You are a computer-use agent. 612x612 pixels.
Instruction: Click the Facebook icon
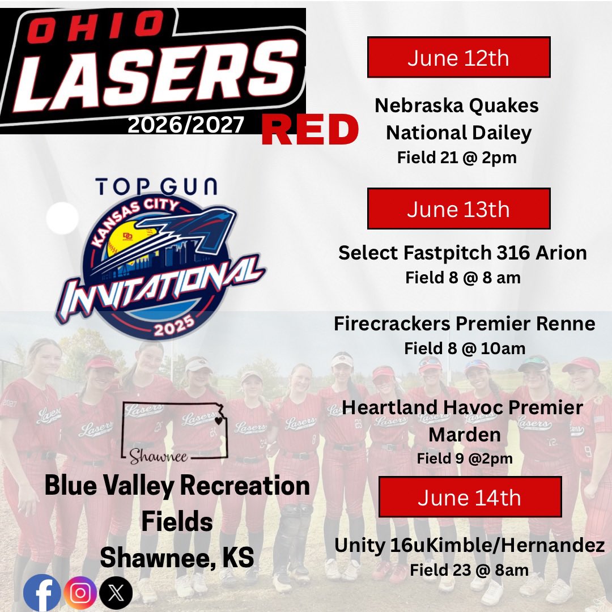(42, 593)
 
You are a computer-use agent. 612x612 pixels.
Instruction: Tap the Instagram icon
(80, 593)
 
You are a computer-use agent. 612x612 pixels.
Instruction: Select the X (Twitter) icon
(116, 593)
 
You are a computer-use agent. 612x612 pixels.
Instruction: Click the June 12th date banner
(458, 57)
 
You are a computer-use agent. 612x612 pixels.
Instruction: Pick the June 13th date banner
(458, 209)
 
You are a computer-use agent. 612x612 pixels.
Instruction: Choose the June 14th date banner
(470, 497)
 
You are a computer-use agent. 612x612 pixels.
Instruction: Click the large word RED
(310, 131)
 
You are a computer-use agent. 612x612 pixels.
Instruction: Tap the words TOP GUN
(156, 186)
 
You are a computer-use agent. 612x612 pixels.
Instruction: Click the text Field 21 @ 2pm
(457, 157)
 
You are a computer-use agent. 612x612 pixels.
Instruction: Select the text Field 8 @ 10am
(465, 348)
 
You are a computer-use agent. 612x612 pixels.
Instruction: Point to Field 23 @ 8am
(469, 569)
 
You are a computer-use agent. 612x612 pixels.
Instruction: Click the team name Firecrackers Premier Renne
(465, 324)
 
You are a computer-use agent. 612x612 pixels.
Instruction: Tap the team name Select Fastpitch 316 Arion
(462, 253)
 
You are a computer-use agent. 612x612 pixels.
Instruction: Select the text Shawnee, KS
(177, 558)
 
